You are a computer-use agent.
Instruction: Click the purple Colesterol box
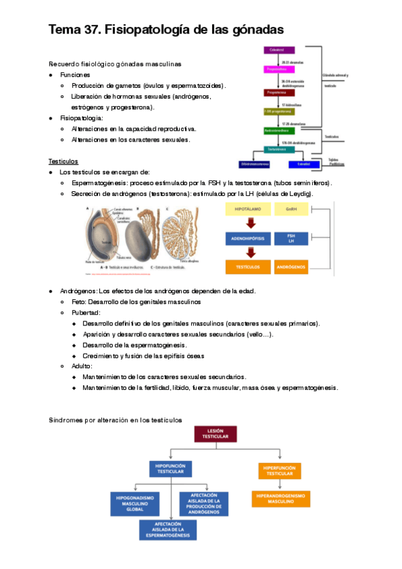276,50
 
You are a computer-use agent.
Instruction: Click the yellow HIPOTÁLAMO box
246,210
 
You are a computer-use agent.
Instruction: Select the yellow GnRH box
291,210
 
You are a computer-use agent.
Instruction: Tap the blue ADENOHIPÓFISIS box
246,239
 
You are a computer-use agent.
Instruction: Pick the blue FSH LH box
291,239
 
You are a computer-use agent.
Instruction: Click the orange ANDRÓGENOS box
291,267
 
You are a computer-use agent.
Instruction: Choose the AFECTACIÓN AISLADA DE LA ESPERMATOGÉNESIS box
168,529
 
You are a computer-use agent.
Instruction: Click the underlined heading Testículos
63,162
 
